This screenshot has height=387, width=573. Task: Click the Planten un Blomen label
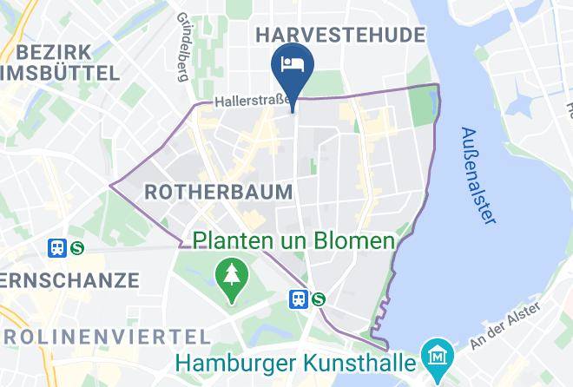pos(293,240)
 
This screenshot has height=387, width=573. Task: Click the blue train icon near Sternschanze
pos(57,247)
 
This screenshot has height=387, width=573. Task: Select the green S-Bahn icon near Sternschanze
pos(77,247)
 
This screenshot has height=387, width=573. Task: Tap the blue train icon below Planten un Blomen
pos(297,298)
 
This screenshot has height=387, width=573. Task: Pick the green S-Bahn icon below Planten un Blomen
pos(318,298)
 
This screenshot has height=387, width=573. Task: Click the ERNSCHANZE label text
pos(69,280)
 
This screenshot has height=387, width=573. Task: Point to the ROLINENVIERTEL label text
pos(104,335)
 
